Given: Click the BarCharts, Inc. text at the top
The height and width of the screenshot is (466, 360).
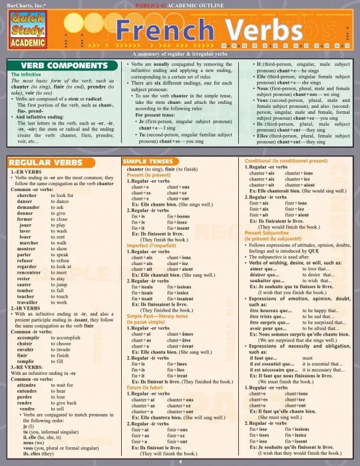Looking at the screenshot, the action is (x=24, y=4).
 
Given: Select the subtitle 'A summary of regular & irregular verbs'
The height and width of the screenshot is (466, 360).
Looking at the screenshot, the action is (x=180, y=53).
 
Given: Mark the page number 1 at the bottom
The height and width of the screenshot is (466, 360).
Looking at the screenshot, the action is (x=180, y=461).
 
